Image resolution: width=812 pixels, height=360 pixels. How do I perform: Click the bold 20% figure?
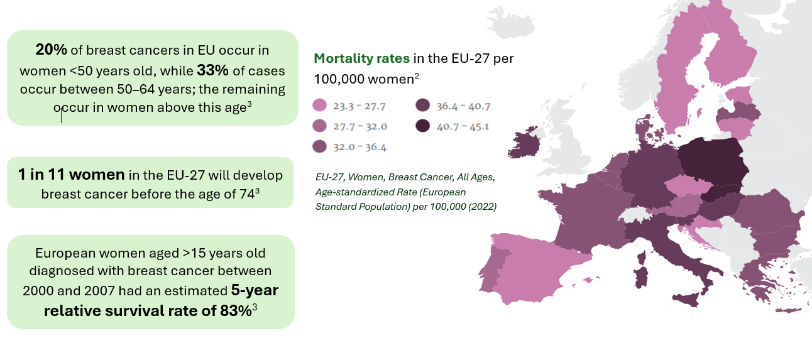point(49,50)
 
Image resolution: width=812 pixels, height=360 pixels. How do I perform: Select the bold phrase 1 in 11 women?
point(72,175)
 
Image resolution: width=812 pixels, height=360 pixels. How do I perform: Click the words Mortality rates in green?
point(361,58)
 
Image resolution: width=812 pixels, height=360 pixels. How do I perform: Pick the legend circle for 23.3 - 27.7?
point(320,105)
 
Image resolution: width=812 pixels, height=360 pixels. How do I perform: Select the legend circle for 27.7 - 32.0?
point(320,126)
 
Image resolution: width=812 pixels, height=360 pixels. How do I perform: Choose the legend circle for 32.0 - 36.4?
point(320,147)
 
